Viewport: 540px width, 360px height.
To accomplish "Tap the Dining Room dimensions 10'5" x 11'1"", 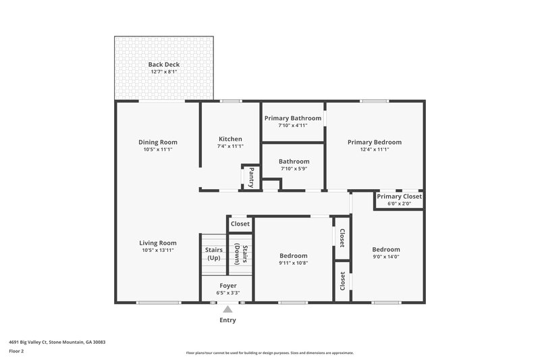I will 158,149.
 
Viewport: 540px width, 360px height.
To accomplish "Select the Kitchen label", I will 230,138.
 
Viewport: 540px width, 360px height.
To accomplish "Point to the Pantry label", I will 251,178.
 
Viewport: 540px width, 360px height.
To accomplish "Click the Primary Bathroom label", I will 292,118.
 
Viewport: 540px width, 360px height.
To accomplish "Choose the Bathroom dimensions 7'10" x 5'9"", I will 294,169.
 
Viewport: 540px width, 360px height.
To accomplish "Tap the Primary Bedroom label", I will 375,142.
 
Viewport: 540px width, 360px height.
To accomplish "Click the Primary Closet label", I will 399,197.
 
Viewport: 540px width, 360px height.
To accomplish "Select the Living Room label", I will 158,243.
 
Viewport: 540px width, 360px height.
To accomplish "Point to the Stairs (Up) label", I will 213,254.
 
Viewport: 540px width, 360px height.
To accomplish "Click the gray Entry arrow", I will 227,309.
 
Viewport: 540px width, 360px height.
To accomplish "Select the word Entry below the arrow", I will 227,320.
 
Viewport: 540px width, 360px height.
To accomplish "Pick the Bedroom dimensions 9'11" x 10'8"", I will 294,263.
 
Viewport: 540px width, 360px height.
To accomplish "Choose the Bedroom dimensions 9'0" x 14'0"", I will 386,257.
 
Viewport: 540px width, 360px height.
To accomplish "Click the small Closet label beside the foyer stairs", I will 240,224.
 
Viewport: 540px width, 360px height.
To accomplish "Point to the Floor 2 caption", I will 17,351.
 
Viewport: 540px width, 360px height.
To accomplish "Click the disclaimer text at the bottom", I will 269,353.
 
